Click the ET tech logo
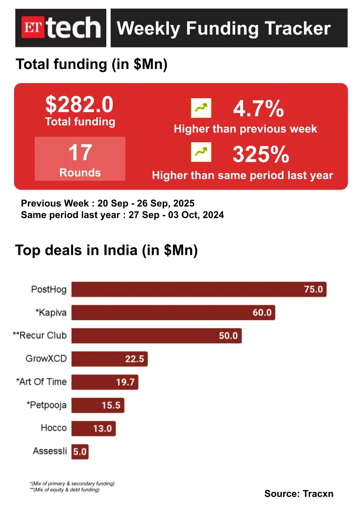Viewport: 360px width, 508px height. pos(61,28)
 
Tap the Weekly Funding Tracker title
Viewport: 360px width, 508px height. pos(224,28)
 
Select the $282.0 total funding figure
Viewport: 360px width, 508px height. pos(80,105)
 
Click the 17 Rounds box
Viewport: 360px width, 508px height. pos(80,159)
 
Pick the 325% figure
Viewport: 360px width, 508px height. pos(261,155)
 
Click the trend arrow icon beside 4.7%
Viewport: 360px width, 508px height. pos(201,108)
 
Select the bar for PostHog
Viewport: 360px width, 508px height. pos(199,290)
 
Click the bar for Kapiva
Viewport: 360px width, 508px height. pos(173,313)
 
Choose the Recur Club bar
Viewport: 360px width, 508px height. pos(156,336)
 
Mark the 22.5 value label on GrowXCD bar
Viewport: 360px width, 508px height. pos(135,359)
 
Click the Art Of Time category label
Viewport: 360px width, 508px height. pos(42,382)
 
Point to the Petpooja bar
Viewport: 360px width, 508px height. pos(97,405)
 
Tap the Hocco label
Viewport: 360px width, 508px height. pos(54,428)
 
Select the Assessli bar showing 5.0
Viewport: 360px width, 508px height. pos(80,451)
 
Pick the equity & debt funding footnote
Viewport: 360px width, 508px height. pos(65,490)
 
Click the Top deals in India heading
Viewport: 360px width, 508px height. pos(107,250)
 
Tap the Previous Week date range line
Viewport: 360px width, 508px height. pos(108,203)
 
